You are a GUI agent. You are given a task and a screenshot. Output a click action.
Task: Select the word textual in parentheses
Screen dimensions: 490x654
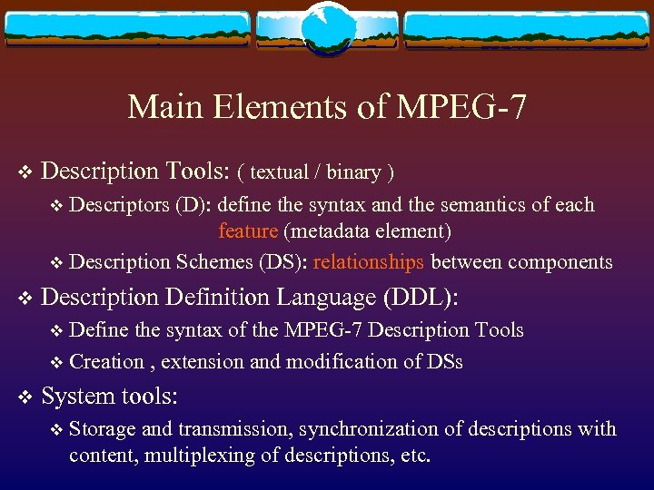pyautogui.click(x=279, y=171)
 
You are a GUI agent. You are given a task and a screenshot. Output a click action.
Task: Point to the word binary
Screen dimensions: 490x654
pyautogui.click(x=353, y=171)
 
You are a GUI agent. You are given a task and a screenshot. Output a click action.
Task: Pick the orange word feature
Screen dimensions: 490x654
pyautogui.click(x=248, y=231)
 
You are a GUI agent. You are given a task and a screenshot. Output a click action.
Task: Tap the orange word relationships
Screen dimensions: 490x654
pyautogui.click(x=368, y=262)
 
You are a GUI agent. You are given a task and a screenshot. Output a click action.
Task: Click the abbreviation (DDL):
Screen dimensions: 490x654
pyautogui.click(x=421, y=298)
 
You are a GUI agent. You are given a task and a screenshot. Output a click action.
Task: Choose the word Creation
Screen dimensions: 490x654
pyautogui.click(x=106, y=362)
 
